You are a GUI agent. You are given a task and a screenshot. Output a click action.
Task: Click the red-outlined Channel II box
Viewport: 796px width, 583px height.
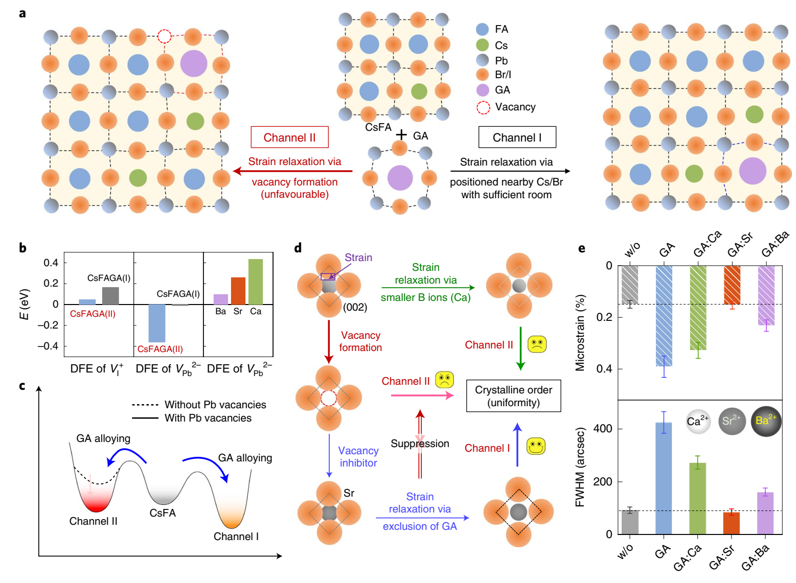(x=289, y=137)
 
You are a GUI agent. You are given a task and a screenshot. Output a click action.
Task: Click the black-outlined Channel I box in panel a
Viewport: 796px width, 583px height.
(x=517, y=137)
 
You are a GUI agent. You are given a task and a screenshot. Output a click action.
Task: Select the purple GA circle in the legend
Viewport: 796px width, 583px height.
(x=483, y=90)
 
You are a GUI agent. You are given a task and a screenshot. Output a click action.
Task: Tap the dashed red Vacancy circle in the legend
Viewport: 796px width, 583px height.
(x=483, y=107)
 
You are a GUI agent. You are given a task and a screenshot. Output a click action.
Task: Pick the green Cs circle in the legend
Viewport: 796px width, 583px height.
(x=483, y=45)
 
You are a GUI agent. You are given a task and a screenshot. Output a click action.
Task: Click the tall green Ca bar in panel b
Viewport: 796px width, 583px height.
(x=256, y=282)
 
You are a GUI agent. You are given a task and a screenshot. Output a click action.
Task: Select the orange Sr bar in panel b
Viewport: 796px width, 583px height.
(x=238, y=290)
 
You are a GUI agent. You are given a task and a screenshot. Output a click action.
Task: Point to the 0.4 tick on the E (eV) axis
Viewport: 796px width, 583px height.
(x=51, y=263)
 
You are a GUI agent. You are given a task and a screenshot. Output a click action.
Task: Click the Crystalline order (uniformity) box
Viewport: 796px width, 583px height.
(x=513, y=396)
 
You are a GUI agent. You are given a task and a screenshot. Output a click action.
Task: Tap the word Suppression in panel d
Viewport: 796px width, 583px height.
(x=420, y=444)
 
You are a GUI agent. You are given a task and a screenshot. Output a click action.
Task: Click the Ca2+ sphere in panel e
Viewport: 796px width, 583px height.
(x=698, y=422)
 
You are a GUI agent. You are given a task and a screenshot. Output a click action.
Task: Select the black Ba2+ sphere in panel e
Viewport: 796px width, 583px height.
(x=766, y=421)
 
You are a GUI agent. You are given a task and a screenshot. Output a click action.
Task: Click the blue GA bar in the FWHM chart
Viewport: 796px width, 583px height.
(x=664, y=478)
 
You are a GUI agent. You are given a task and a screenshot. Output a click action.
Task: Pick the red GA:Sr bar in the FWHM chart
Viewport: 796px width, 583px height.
(x=732, y=523)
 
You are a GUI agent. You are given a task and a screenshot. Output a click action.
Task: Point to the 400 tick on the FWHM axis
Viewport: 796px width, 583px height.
(x=603, y=428)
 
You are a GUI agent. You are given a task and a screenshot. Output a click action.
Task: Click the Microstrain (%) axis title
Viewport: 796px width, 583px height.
(x=580, y=332)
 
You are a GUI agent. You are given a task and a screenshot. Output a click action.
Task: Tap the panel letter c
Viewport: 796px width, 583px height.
(x=22, y=386)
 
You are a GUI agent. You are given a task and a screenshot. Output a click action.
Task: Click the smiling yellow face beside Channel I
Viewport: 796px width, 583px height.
(x=536, y=446)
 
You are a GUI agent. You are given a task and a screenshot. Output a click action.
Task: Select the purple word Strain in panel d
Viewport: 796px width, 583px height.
(x=358, y=258)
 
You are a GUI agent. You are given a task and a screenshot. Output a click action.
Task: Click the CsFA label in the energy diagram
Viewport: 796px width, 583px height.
(x=163, y=512)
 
